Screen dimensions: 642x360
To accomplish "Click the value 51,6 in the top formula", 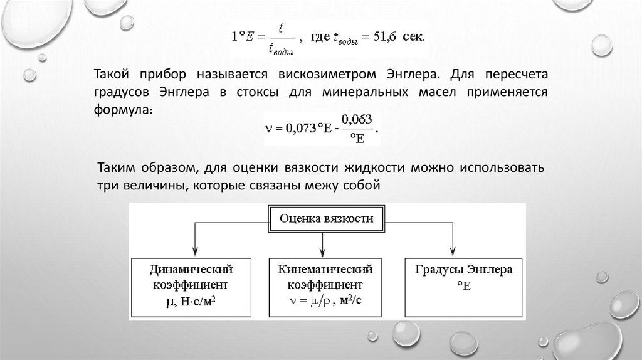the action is pyautogui.click(x=391, y=37).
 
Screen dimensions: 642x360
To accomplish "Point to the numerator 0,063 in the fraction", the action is pyautogui.click(x=355, y=119).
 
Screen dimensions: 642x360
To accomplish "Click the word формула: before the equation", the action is pyautogui.click(x=124, y=109).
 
